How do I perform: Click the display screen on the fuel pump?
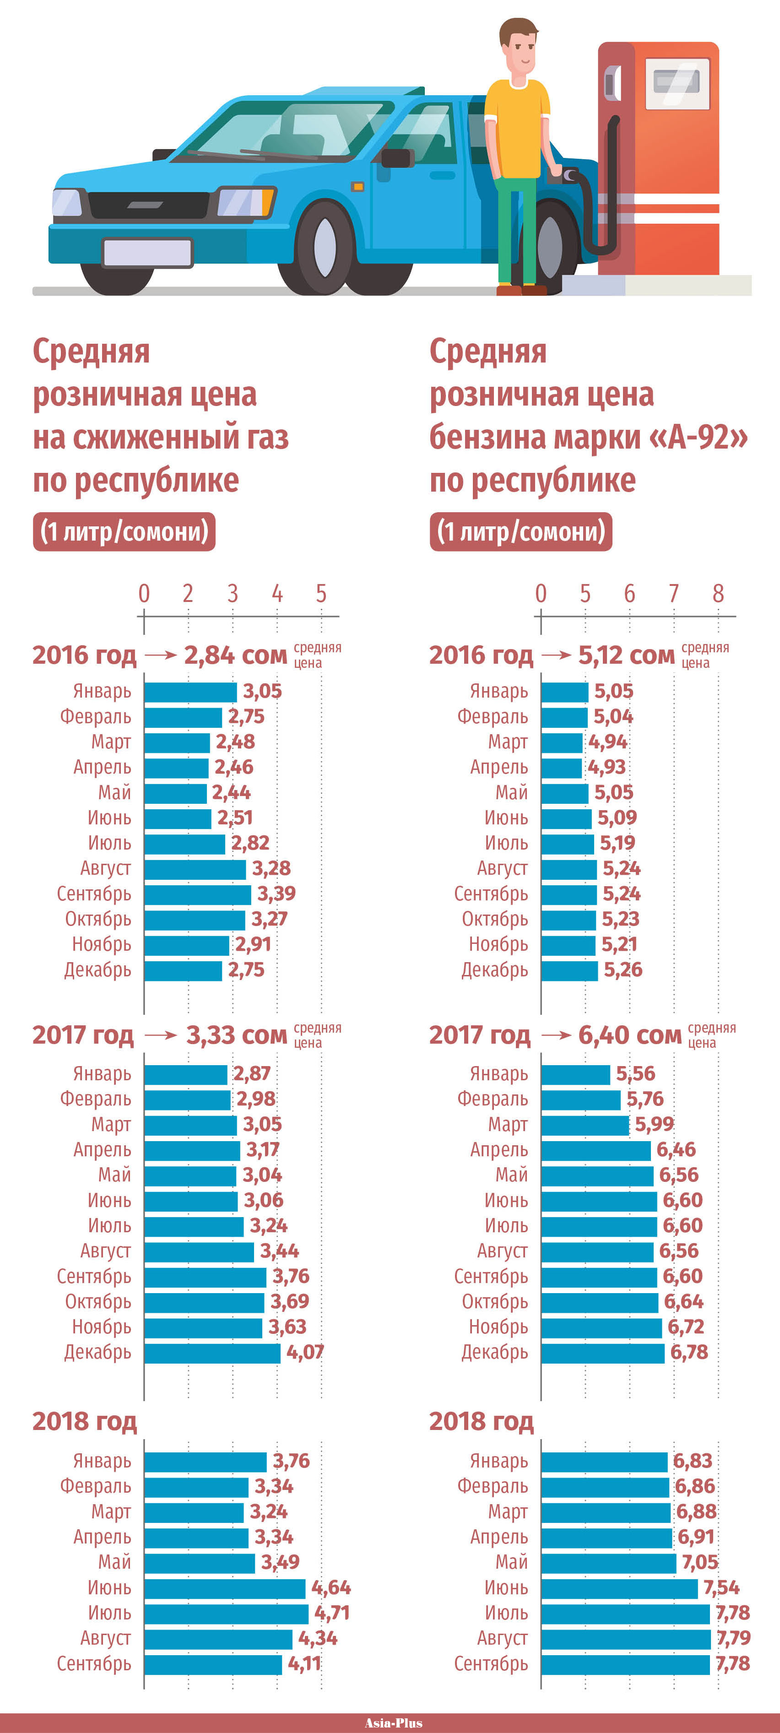tap(677, 83)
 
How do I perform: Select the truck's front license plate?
tap(147, 252)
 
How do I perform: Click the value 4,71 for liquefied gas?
tap(332, 1613)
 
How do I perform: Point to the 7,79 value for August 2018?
tap(733, 1637)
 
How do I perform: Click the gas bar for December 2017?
tap(212, 1352)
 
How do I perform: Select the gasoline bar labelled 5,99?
tap(585, 1125)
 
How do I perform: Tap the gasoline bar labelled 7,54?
tap(619, 1588)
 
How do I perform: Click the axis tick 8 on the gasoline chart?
tap(718, 593)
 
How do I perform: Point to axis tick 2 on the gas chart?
tap(188, 593)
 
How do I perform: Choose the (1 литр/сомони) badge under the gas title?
tap(125, 531)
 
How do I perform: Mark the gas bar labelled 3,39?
tap(197, 894)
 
